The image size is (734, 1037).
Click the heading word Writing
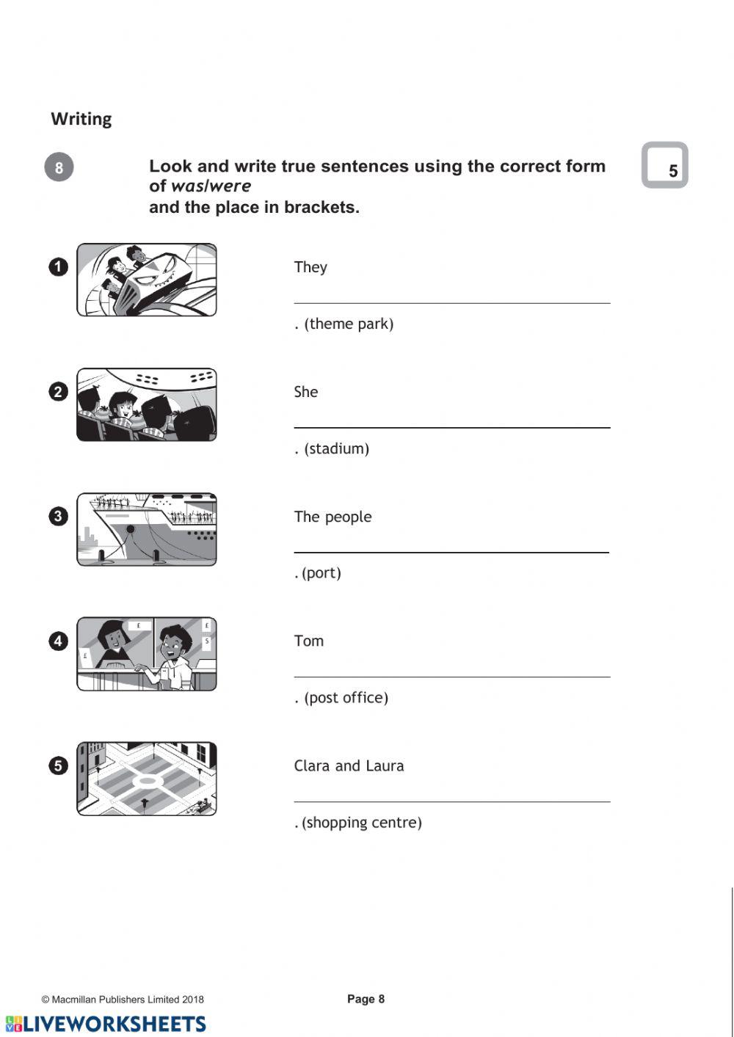[x=81, y=119]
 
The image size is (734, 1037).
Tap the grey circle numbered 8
[x=59, y=167]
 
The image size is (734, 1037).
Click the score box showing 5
[x=665, y=165]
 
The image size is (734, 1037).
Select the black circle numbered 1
[x=59, y=267]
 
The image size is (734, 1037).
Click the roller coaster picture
[x=147, y=280]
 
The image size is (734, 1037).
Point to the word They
[x=310, y=267]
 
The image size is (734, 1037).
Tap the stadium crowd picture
[x=147, y=404]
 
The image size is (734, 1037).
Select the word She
[x=306, y=392]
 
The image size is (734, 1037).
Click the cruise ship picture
[x=147, y=529]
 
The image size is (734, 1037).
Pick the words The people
[x=333, y=517]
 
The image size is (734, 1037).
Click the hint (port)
[x=321, y=572]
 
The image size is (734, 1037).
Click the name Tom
[x=309, y=641]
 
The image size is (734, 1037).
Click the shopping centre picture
[x=147, y=778]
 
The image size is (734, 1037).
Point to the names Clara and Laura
[x=349, y=765]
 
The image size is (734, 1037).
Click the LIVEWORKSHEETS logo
[x=106, y=1024]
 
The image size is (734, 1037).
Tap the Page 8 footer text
[x=366, y=999]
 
